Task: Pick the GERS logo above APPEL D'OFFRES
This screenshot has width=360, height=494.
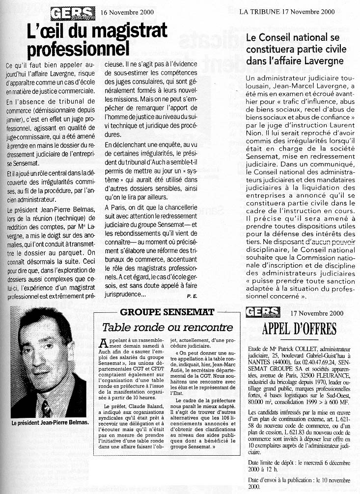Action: coord(263,312)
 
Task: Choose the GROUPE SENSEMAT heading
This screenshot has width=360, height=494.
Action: coord(167,312)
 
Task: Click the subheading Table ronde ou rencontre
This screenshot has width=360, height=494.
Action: coord(167,327)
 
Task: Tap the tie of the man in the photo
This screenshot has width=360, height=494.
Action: coord(46,408)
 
